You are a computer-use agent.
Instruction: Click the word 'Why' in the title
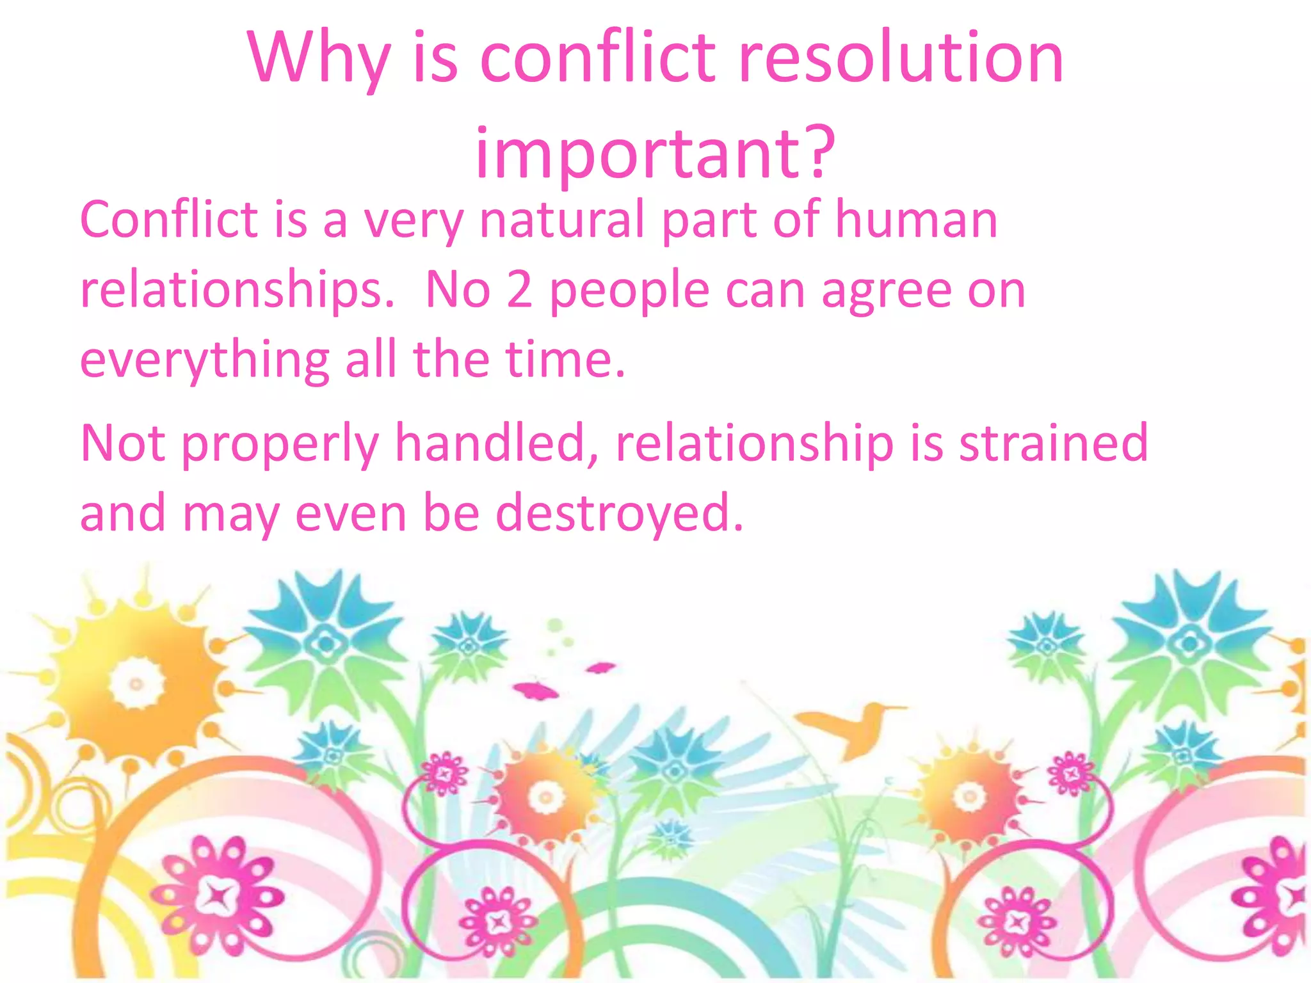click(x=318, y=60)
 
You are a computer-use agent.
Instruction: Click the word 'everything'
click(x=204, y=360)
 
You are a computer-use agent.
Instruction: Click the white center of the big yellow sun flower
click(x=136, y=683)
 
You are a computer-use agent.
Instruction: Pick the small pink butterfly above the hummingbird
click(x=600, y=668)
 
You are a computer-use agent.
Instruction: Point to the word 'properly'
click(x=280, y=445)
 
